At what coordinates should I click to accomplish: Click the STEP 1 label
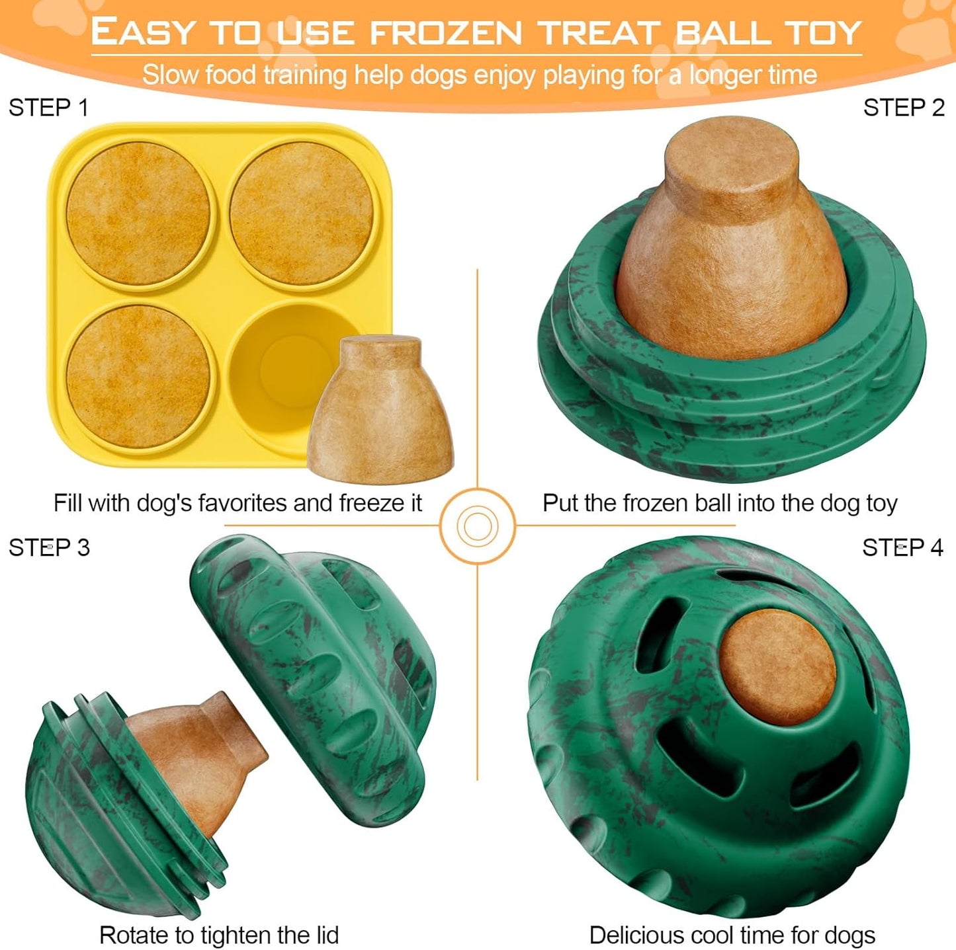[x=48, y=108]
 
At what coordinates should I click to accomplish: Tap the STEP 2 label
[x=904, y=108]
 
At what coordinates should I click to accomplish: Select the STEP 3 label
[x=49, y=547]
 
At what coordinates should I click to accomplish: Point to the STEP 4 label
[x=902, y=547]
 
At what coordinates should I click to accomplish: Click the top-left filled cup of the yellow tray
[x=138, y=213]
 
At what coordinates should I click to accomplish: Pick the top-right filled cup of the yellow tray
[x=301, y=213]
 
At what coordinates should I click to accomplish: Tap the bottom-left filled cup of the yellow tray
[x=138, y=376]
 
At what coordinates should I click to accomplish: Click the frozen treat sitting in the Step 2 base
[x=732, y=245]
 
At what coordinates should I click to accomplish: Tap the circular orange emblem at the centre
[x=478, y=526]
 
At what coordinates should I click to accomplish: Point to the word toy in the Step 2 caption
[x=881, y=503]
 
